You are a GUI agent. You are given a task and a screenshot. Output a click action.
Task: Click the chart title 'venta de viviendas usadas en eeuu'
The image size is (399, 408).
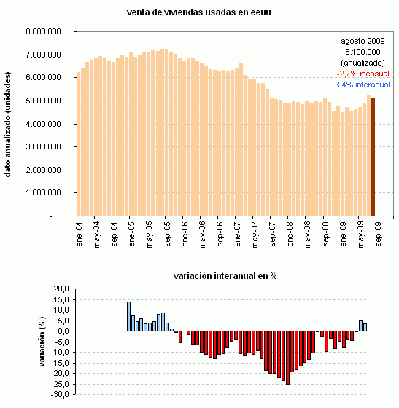(x=199, y=12)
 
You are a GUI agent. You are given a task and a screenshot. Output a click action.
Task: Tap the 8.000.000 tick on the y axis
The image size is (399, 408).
(x=43, y=31)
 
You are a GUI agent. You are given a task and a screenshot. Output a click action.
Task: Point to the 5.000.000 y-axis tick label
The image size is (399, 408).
(x=43, y=101)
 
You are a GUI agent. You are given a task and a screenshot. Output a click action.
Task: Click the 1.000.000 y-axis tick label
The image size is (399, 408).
(x=43, y=193)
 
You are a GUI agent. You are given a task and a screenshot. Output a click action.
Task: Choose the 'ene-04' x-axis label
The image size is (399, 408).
(x=80, y=234)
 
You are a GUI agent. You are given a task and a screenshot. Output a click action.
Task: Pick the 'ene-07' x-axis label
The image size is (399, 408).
(x=239, y=234)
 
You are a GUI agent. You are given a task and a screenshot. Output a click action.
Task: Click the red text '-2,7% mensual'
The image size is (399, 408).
(x=363, y=74)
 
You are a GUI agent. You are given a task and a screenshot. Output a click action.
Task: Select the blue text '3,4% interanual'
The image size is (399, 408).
(x=362, y=85)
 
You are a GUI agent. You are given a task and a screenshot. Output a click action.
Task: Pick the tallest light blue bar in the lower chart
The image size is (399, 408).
(x=128, y=317)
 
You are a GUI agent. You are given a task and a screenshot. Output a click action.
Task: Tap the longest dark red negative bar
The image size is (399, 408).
(x=287, y=358)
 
